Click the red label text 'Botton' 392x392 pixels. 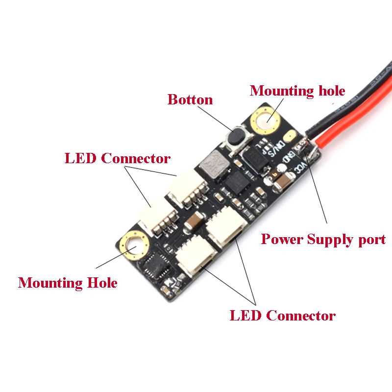pos(190,99)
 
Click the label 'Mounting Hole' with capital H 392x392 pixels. pos(68,283)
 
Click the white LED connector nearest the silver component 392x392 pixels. pos(186,190)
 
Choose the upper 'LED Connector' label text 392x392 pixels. pos(118,158)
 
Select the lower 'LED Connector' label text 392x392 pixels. pos(283,316)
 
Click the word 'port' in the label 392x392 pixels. pos(372,240)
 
